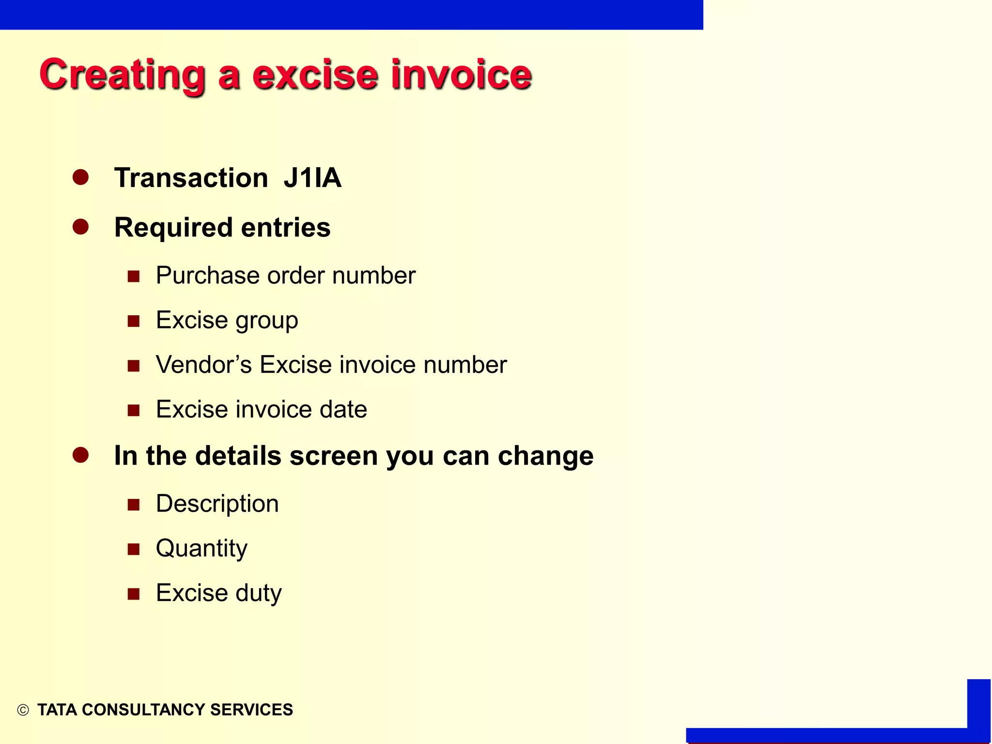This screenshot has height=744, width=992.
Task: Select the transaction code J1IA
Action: (312, 178)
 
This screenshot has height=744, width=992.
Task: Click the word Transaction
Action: (191, 178)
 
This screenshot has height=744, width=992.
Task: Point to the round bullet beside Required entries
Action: (80, 227)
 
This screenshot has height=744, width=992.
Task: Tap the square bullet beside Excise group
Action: (134, 321)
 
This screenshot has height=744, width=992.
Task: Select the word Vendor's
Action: (204, 365)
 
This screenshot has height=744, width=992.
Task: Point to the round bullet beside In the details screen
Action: (80, 455)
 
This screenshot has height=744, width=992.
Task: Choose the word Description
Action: (217, 504)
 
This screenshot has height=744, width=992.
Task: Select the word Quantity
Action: (201, 549)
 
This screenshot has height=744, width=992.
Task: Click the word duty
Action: (259, 593)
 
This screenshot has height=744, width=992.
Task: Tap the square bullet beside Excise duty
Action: (134, 594)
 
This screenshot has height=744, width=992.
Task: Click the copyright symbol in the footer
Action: (23, 710)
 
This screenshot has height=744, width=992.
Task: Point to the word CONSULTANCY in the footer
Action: (144, 710)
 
